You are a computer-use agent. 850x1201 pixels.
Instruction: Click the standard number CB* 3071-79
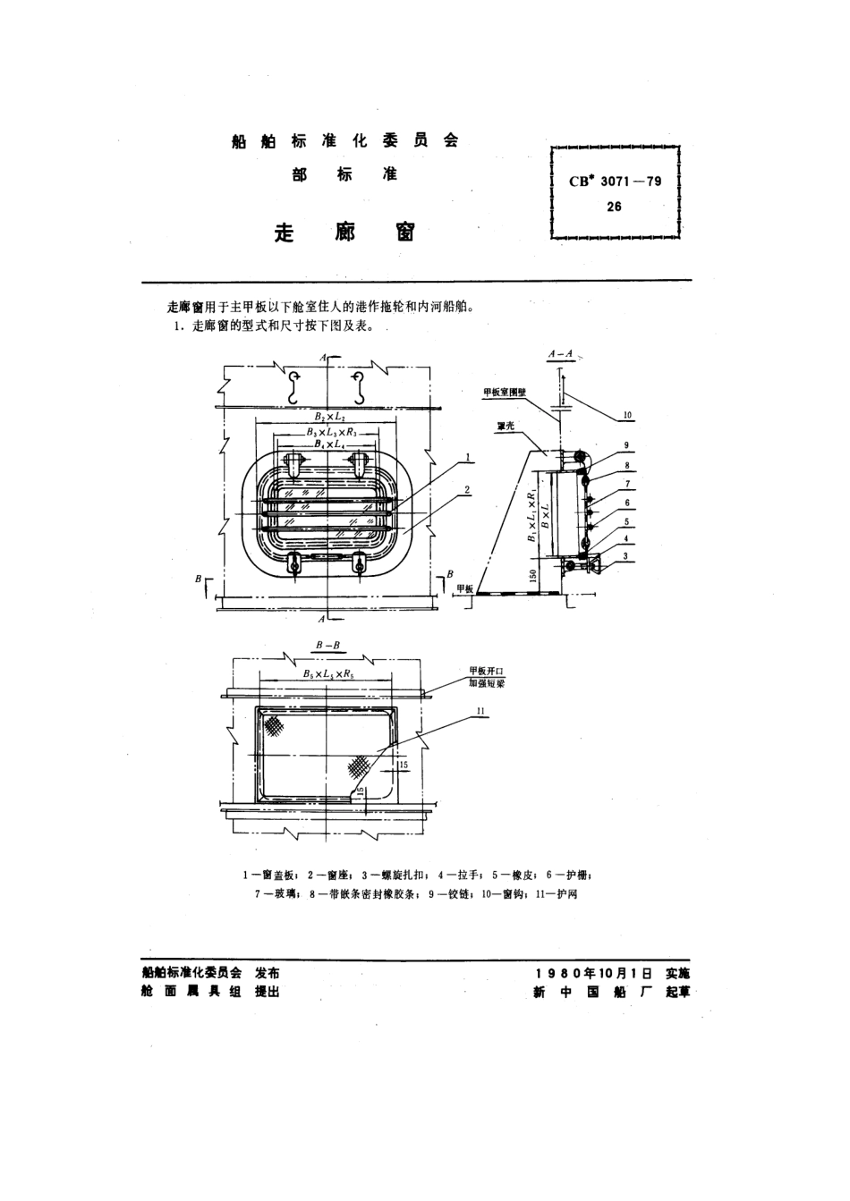pos(616,181)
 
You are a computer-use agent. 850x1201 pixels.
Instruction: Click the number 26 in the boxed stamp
pos(614,207)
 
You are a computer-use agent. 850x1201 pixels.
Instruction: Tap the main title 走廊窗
pos(344,233)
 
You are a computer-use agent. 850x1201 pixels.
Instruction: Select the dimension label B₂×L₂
pos(330,417)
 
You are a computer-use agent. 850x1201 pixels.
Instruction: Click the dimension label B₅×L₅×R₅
pos(328,673)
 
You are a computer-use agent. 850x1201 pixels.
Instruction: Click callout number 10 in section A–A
pos(627,415)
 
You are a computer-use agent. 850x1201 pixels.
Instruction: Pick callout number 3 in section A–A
pos(627,555)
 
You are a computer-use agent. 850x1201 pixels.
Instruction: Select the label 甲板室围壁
pos(505,393)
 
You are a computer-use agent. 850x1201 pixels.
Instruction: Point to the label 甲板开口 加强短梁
pos(488,676)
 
